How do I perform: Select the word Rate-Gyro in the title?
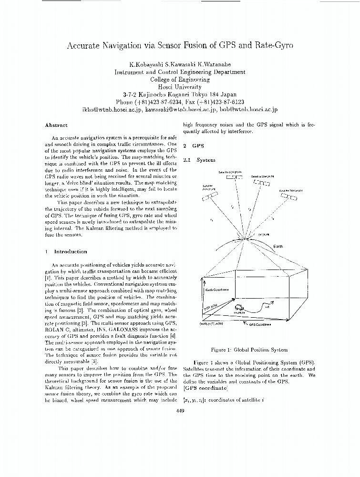coord(270,46)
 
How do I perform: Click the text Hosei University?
coord(180,87)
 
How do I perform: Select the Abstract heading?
coord(56,125)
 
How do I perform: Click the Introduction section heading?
coord(70,251)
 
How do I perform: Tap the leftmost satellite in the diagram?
coord(210,196)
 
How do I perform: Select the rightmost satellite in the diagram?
coord(288,196)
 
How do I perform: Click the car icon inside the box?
coord(237,308)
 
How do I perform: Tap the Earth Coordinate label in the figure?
coord(217,289)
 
